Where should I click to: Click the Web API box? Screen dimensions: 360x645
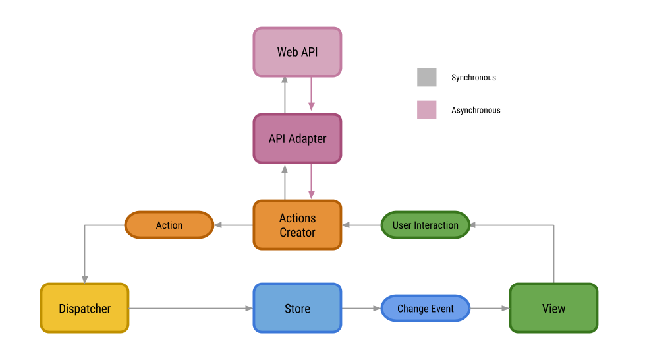[x=297, y=51]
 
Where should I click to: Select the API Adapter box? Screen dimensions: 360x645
[x=297, y=138]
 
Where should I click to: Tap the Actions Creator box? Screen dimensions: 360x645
[x=297, y=225]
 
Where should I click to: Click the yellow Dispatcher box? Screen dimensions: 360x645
[x=84, y=308]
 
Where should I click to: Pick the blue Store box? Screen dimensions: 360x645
[x=297, y=308]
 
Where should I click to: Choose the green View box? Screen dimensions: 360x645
[x=553, y=308]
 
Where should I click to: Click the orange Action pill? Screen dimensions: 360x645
[x=169, y=225]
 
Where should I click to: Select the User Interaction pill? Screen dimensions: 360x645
[x=425, y=225]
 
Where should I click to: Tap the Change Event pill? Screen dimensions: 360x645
[x=425, y=308]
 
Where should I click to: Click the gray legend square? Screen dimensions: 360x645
[x=427, y=78]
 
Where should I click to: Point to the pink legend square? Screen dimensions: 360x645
[x=427, y=109]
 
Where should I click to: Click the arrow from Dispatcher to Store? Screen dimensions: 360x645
[x=191, y=308]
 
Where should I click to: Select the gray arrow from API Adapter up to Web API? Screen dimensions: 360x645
[x=285, y=96]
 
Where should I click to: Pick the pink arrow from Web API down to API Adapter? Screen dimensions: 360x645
[x=311, y=96]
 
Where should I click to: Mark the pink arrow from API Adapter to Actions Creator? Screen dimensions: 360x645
[x=311, y=182]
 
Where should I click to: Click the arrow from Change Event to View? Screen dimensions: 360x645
[x=490, y=308]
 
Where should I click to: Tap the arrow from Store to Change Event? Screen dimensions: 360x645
[x=361, y=308]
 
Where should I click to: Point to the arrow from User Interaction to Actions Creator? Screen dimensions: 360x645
[x=361, y=225]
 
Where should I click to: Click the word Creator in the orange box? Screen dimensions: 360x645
[x=297, y=233]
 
